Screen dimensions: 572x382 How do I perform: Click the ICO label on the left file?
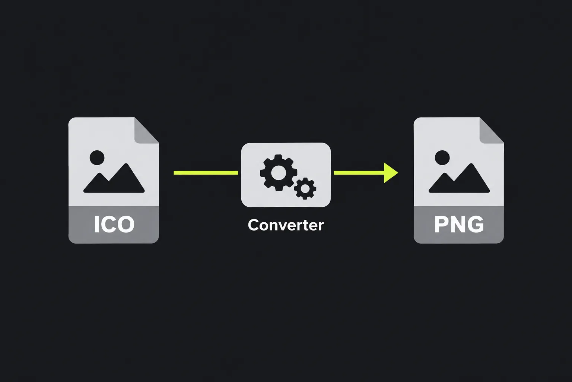[x=114, y=224]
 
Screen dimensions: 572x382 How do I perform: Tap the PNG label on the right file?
[x=459, y=224]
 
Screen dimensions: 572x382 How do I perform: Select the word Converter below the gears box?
[x=286, y=225]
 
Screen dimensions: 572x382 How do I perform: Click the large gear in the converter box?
[x=279, y=172]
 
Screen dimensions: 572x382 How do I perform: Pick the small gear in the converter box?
[x=305, y=188]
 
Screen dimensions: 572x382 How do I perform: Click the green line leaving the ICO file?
[x=206, y=173]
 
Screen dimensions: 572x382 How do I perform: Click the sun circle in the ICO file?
[x=97, y=157]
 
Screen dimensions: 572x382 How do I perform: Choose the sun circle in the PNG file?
[x=442, y=157]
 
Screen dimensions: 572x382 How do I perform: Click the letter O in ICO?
[x=125, y=225]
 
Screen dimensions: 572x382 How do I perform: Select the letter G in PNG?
[x=475, y=225]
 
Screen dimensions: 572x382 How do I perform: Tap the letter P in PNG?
[x=441, y=225]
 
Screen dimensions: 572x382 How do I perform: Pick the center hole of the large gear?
[x=278, y=172]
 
